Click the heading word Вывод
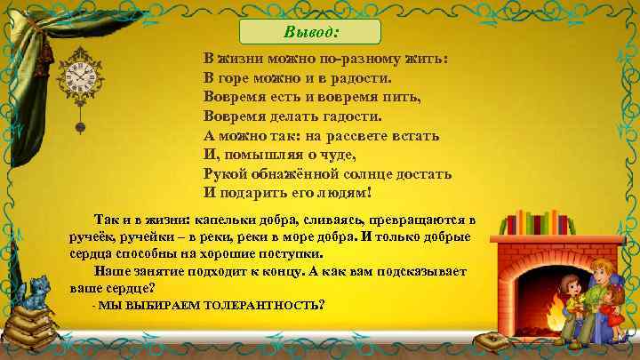click(x=315, y=32)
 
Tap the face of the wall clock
click(x=79, y=79)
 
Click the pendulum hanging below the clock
click(x=80, y=124)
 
